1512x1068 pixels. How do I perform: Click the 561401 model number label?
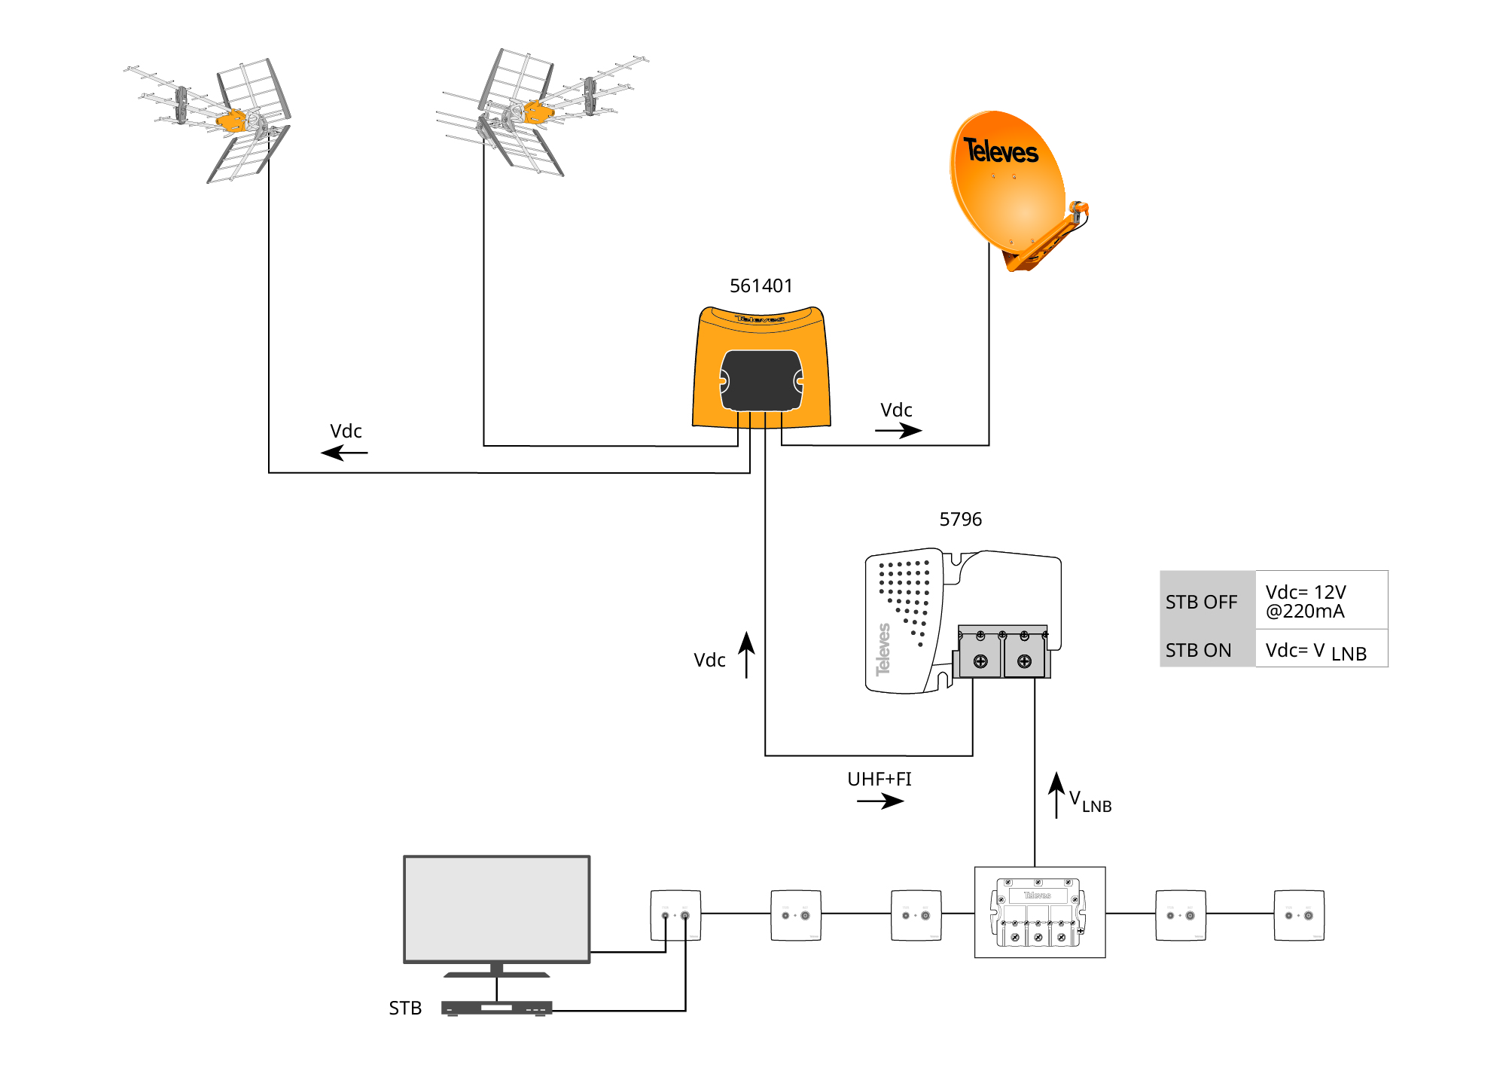761,286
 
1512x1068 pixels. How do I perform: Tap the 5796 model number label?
960,520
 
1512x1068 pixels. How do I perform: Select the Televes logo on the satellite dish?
1001,151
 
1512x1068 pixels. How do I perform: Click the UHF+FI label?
879,779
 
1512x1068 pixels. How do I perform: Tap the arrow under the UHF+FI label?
880,801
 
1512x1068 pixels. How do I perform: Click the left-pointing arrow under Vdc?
344,453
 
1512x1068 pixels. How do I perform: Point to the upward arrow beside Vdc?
746,655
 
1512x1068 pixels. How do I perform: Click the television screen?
497,908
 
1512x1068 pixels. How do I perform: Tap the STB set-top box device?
497,1008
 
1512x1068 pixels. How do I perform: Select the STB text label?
405,1008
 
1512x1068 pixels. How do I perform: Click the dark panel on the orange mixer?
761,380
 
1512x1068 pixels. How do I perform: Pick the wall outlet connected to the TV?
675,915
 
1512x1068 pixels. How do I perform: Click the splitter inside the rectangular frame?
1039,912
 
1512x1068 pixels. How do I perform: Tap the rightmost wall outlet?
1298,915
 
